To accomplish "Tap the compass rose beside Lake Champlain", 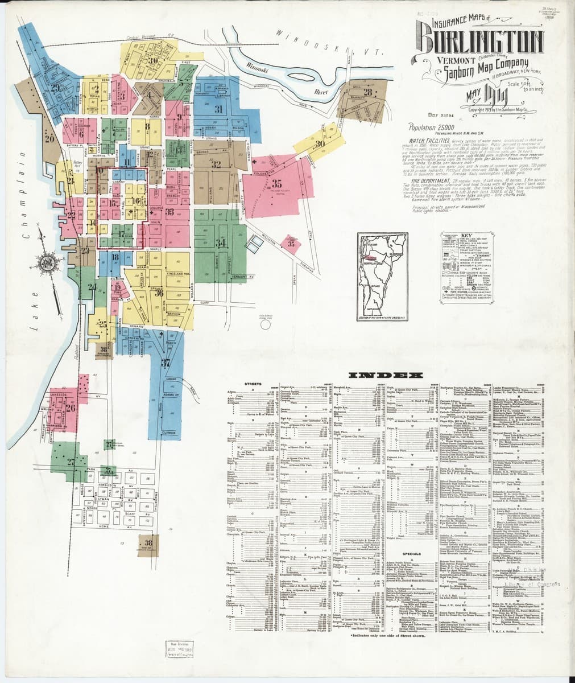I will [x=44, y=263].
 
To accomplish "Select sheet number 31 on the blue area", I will [x=218, y=109].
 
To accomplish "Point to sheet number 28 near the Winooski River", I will [x=368, y=92].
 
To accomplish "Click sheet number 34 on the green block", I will [x=205, y=244].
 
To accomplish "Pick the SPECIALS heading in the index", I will [x=411, y=553].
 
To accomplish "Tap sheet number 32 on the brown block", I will [x=216, y=164].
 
